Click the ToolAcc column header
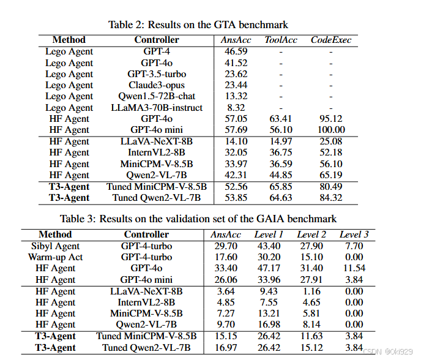coord(281,40)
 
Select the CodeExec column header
coord(331,40)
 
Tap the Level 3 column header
coord(354,234)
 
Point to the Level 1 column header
coord(269,234)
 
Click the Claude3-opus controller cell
coord(157,85)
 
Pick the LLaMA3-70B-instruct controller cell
coord(157,108)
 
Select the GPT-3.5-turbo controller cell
coord(157,74)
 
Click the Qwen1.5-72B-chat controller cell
coord(157,97)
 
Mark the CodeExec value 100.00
coord(331,130)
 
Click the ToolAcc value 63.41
coord(281,119)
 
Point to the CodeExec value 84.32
coord(331,198)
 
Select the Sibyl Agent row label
coord(56,246)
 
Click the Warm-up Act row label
coord(56,257)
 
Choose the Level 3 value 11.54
coord(354,268)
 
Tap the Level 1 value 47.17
coord(269,268)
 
